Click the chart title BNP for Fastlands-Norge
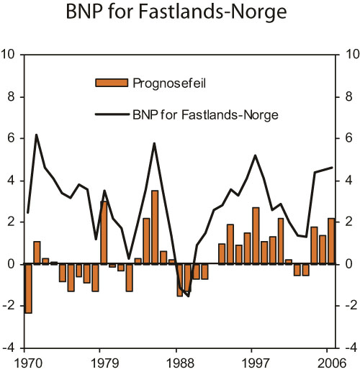pyautogui.click(x=180, y=14)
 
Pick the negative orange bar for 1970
pyautogui.click(x=28, y=289)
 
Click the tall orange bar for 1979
pyautogui.click(x=104, y=232)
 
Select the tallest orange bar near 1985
pyautogui.click(x=155, y=227)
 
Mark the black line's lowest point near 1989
pyautogui.click(x=188, y=296)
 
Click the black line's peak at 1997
pyautogui.click(x=256, y=155)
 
